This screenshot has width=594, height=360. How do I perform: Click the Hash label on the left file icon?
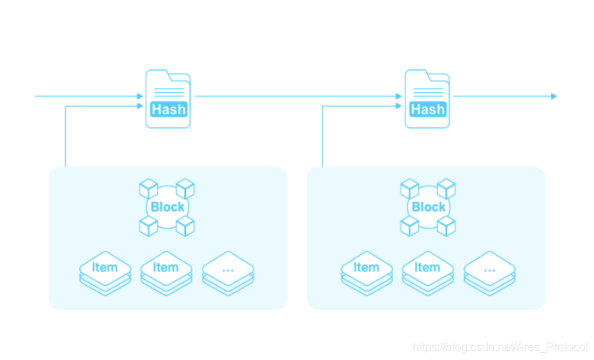click(x=168, y=109)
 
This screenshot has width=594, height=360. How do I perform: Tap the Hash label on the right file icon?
click(x=428, y=109)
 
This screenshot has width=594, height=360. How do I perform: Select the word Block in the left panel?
click(x=168, y=207)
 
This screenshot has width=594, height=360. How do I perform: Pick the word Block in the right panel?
click(x=429, y=207)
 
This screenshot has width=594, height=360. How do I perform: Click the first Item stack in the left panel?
click(x=105, y=272)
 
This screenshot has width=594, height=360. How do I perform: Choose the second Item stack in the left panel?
click(x=166, y=272)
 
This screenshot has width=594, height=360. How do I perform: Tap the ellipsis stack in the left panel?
click(x=228, y=272)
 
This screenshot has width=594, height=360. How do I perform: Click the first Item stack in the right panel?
click(x=366, y=272)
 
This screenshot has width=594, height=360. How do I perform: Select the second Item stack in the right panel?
click(x=428, y=272)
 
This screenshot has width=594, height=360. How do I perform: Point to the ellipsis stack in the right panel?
click(x=489, y=272)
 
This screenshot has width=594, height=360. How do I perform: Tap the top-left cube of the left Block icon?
click(x=148, y=189)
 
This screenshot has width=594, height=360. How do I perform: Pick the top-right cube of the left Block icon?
click(x=186, y=189)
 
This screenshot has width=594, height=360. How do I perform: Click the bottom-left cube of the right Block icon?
click(x=410, y=226)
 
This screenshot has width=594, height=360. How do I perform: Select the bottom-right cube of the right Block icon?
click(x=447, y=226)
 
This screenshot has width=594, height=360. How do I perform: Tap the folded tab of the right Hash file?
click(x=440, y=77)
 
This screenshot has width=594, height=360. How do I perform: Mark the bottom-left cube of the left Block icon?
click(x=148, y=226)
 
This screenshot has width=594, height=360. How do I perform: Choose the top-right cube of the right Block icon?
click(x=447, y=189)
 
